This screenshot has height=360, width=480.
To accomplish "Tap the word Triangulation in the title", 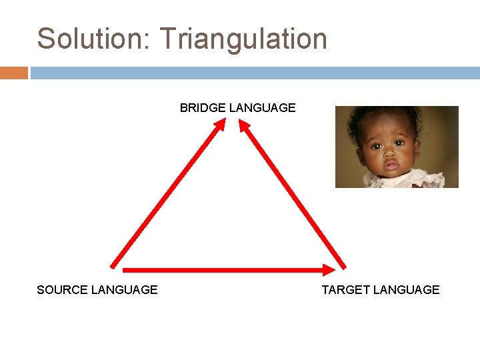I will point(243,40).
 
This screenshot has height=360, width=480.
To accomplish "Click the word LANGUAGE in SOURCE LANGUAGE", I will point(125,290).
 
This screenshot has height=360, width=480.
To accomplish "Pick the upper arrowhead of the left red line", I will point(221,125).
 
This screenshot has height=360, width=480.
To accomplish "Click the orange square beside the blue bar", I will point(13,73).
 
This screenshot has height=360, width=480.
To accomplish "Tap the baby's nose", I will point(389,151).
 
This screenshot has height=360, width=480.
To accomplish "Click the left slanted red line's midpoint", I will point(167,195).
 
